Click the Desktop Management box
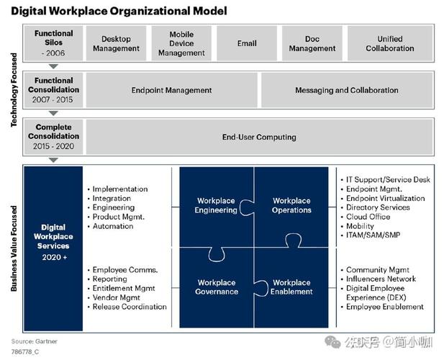pos(117,44)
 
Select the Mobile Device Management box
pos(181,44)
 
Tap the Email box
pos(247,44)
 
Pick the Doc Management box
pos(312,44)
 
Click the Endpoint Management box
pos(171,91)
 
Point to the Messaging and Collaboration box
pos(346,91)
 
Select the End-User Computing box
pos(259,137)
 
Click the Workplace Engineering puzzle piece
pos(216,206)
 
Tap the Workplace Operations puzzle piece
pos(291,206)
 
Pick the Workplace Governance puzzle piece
pos(216,287)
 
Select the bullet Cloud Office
pos(368,217)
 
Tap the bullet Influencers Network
pos(381,279)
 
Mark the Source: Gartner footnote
pos(34,341)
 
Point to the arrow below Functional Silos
pos(54,66)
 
